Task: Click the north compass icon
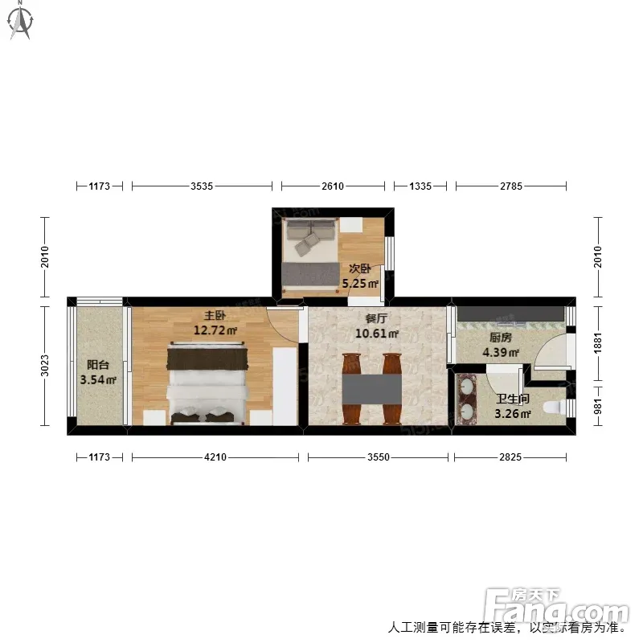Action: point(20,21)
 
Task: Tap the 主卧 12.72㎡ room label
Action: point(215,323)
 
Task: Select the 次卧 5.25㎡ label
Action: point(360,276)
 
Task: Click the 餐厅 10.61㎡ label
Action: point(376,326)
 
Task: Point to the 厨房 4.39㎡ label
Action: point(501,345)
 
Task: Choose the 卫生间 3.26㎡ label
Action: point(513,407)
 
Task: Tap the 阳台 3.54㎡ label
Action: point(98,372)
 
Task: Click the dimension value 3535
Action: point(202,186)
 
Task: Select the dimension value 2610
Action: point(333,186)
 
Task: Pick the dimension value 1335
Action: point(420,186)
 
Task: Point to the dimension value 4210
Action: point(215,457)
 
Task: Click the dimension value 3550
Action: point(378,457)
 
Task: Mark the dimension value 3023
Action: point(45,366)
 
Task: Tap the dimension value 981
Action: point(598,407)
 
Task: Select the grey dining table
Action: point(372,389)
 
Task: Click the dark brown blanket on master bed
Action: point(207,358)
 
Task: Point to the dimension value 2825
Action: point(510,457)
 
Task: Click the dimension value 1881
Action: point(598,343)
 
